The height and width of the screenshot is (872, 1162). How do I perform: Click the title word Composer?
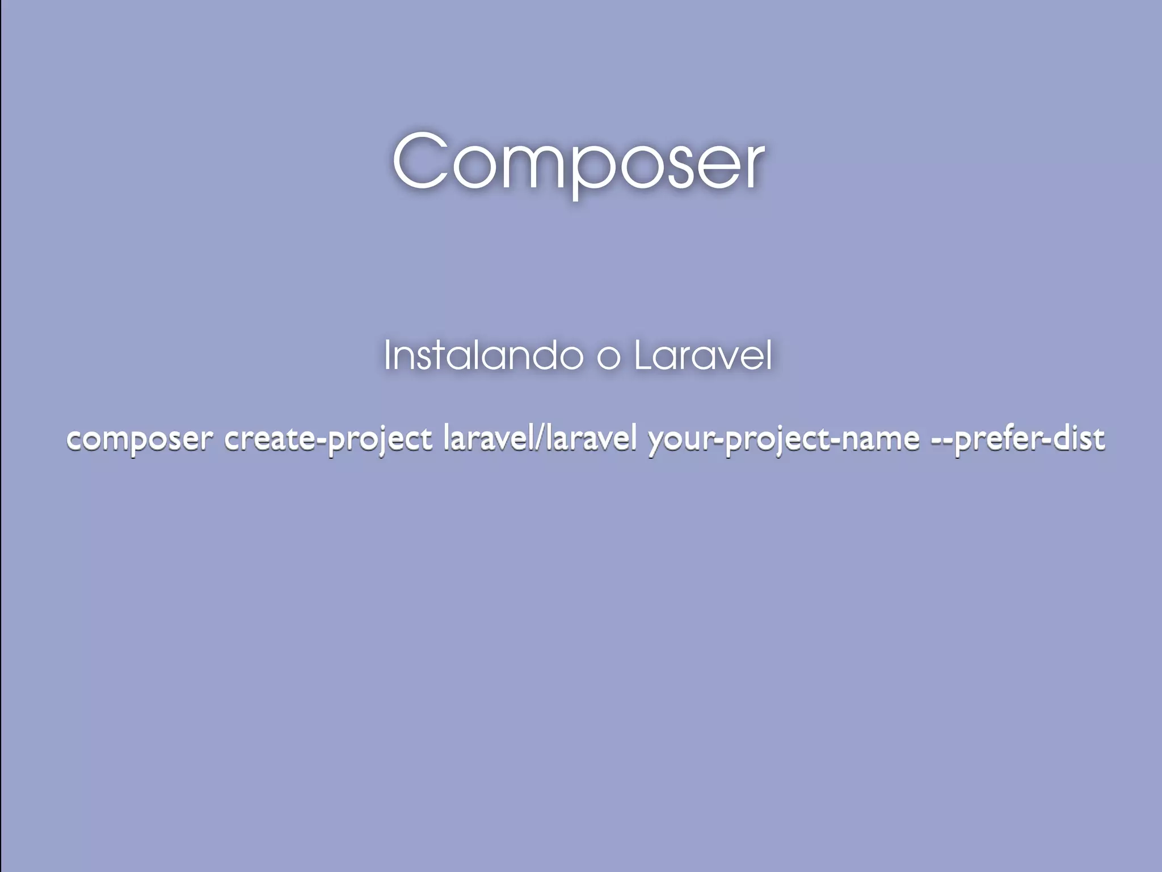pos(578,162)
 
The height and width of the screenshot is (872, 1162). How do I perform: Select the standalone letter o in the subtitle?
pos(608,358)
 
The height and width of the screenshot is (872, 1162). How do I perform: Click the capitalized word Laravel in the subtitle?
pos(703,356)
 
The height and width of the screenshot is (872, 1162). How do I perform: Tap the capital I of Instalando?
pos(388,355)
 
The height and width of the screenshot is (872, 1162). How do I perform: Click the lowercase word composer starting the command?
pos(140,439)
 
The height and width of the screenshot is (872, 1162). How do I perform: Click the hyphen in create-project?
pos(323,439)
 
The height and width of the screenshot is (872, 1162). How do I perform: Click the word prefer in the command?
pos(999,439)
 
